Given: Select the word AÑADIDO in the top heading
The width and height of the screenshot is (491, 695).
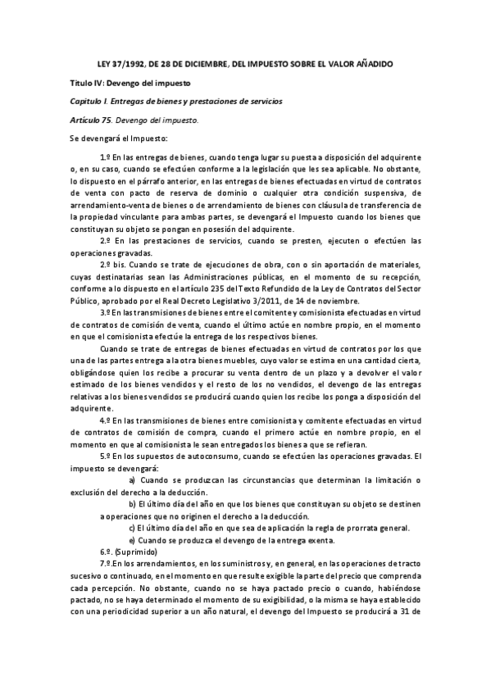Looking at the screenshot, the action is coord(370,63).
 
